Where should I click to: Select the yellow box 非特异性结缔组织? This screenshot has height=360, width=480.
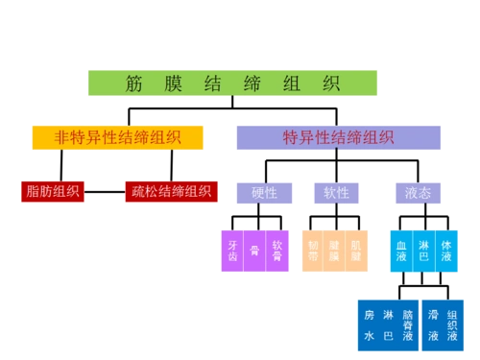click(x=117, y=137)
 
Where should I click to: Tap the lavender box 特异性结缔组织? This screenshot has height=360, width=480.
click(x=337, y=137)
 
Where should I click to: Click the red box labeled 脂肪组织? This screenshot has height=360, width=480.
click(x=53, y=191)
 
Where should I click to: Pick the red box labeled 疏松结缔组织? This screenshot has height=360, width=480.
click(x=168, y=191)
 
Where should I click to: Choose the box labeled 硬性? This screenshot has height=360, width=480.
click(x=264, y=192)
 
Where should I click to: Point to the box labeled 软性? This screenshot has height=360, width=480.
click(x=336, y=192)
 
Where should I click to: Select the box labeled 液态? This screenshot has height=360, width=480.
click(x=418, y=192)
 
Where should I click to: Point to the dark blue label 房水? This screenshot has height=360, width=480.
click(x=369, y=324)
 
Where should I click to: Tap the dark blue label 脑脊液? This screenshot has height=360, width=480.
click(x=408, y=324)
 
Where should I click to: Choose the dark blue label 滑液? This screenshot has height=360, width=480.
click(x=434, y=324)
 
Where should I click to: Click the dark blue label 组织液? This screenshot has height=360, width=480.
click(x=453, y=324)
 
